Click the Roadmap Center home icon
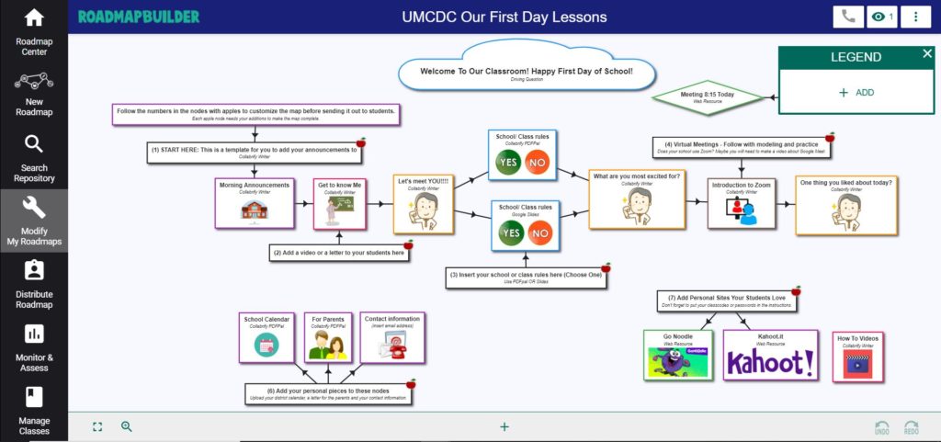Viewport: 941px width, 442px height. (x=34, y=18)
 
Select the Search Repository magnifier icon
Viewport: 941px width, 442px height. (x=34, y=144)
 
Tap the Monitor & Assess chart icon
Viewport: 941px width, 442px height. (x=34, y=334)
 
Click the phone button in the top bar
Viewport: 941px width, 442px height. (x=847, y=17)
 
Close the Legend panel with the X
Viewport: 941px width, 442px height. (x=927, y=54)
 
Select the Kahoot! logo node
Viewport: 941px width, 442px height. (x=770, y=356)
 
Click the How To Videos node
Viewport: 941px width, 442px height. (x=857, y=357)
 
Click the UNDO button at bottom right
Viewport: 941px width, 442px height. (x=881, y=427)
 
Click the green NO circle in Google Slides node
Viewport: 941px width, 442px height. (x=540, y=233)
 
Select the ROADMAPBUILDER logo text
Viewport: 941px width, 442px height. (x=139, y=17)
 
